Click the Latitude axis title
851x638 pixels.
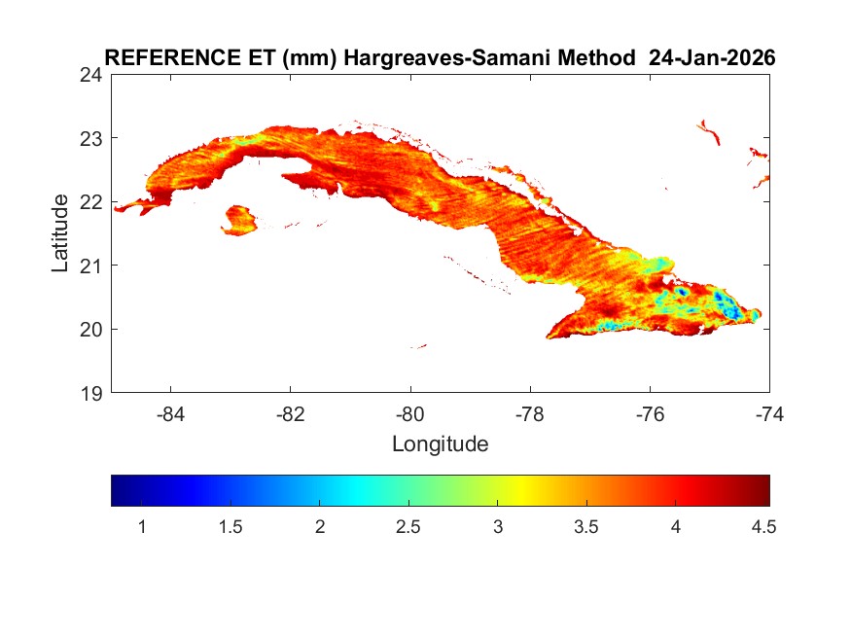pos(60,233)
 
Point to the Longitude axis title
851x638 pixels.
pos(440,444)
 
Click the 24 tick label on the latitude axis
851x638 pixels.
pos(93,75)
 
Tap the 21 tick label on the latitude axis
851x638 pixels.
pos(93,266)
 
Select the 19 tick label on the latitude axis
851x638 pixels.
pos(93,393)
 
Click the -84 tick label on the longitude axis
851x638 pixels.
pos(171,413)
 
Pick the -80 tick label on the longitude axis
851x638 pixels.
pos(410,413)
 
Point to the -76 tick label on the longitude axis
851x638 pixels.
pos(650,413)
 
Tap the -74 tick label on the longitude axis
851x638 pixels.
pos(768,413)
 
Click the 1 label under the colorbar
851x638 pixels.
pos(142,527)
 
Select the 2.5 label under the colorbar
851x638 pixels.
pos(408,527)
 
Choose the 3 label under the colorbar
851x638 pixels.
pos(497,527)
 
